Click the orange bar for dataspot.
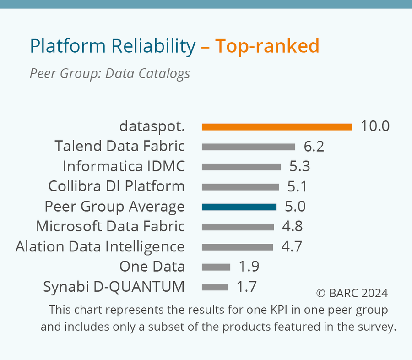coord(276,127)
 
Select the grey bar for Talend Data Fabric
coord(248,147)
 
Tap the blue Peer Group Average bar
coord(239,207)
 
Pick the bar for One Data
coord(216,267)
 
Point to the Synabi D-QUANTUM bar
coord(215,287)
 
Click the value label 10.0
coord(375,126)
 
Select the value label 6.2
coord(314,147)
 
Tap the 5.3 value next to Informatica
coord(299,167)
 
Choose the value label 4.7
coord(292,247)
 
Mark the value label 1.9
coord(249,267)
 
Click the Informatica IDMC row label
coord(124,166)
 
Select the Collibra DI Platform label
coord(116,186)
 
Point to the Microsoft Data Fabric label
coord(110,227)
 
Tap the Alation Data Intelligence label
coord(100,247)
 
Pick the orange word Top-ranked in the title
coord(267,46)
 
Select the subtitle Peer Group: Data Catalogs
coord(109,73)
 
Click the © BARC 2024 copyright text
coord(352,293)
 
